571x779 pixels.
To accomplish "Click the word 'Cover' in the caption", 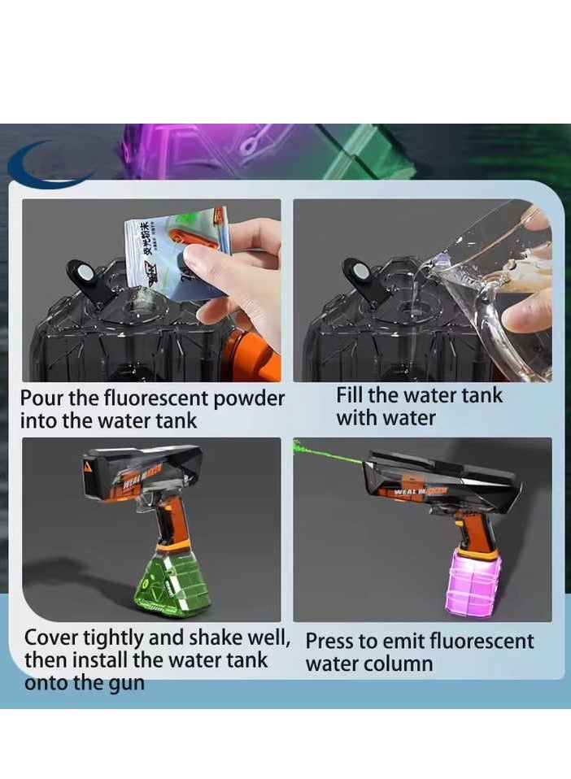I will click(x=52, y=638).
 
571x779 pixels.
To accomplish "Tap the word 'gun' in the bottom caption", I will click(x=127, y=682).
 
